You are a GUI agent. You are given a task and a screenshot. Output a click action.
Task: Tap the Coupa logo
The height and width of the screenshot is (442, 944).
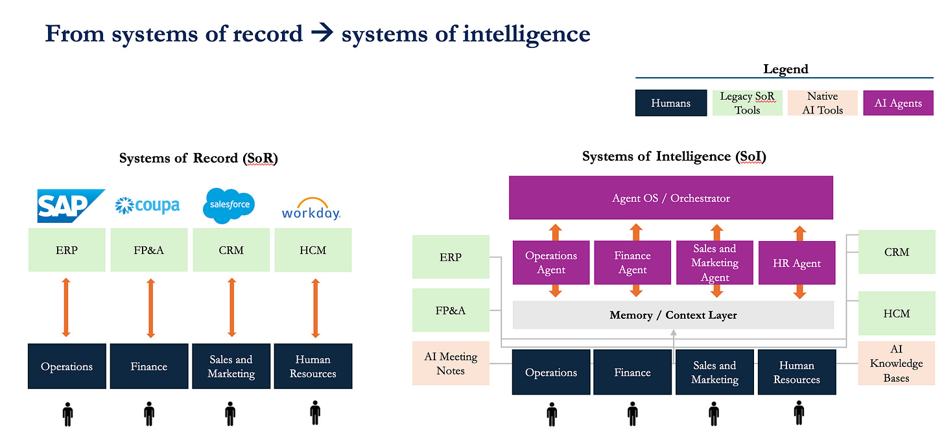tap(147, 205)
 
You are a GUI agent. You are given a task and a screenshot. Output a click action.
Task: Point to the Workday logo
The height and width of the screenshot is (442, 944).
tap(311, 209)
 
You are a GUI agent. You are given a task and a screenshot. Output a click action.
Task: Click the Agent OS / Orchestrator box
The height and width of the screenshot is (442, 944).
tap(671, 198)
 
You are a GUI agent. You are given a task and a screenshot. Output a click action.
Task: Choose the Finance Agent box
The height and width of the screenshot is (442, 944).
tap(632, 262)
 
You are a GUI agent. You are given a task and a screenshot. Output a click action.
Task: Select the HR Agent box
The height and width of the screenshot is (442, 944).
tap(797, 263)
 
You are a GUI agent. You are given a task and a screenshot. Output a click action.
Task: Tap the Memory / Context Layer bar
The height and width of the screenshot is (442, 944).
tap(673, 315)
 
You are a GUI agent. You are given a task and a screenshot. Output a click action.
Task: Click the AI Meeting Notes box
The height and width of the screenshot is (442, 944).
tap(451, 364)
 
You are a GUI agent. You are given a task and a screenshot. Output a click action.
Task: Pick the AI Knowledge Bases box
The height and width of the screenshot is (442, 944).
tap(897, 364)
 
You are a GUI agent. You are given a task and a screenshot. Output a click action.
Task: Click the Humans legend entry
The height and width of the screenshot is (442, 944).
tap(670, 103)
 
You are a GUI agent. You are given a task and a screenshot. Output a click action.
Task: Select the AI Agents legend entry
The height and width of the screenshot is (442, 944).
tap(898, 103)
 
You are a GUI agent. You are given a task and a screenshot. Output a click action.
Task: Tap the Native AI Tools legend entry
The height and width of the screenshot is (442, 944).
tap(822, 103)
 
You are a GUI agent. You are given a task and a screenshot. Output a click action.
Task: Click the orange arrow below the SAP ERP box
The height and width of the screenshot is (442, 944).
tap(66, 308)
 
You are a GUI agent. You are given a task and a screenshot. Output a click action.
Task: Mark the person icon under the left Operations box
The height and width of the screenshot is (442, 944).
tap(66, 413)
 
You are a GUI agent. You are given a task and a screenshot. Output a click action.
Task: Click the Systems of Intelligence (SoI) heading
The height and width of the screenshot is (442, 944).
tap(674, 156)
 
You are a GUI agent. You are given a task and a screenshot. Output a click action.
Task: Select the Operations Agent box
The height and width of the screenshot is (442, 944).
tap(551, 262)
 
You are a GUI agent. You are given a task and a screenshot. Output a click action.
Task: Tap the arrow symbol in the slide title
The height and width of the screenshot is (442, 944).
tap(322, 34)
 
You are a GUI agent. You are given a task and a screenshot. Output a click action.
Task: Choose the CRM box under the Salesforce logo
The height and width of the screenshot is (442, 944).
tap(231, 250)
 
